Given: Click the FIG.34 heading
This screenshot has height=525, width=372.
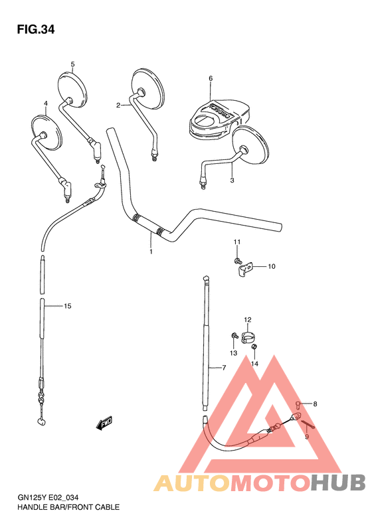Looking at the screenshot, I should [x=36, y=29].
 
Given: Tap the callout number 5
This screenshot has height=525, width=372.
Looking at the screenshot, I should [x=72, y=64].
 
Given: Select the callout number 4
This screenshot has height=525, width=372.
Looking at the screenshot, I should [x=45, y=104].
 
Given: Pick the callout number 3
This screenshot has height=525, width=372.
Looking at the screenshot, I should [x=232, y=180].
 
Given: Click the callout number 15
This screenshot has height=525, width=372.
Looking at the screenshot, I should [x=67, y=306].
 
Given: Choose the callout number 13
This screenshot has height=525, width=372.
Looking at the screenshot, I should [x=234, y=352].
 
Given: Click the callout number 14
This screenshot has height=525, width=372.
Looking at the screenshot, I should [x=254, y=363].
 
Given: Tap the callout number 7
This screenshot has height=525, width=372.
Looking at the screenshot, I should [x=224, y=368].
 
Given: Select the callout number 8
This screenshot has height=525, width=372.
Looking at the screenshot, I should [x=315, y=404].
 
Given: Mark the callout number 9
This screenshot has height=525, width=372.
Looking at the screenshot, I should [x=307, y=437].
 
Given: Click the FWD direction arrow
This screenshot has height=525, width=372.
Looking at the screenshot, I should [x=104, y=422].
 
